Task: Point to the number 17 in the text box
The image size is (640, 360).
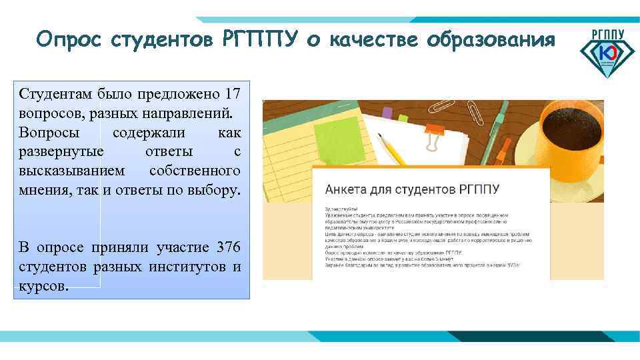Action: point(233,91)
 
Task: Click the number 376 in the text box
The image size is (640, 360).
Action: point(229,249)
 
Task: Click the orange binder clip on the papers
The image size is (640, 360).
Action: point(436,133)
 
